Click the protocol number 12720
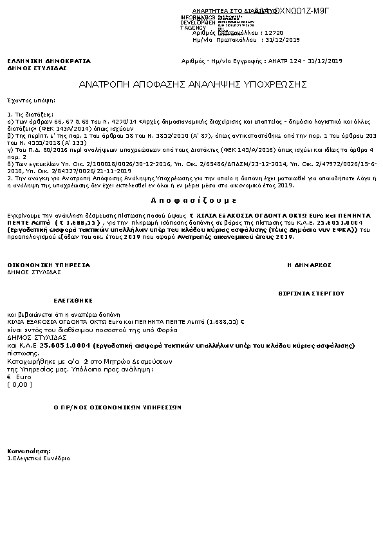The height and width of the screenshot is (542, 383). (274, 32)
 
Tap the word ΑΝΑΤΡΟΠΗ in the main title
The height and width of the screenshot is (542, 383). (104, 84)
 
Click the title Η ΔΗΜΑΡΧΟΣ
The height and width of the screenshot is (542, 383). (309, 265)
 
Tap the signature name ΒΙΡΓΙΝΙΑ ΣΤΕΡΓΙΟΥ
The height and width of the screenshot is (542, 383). (311, 292)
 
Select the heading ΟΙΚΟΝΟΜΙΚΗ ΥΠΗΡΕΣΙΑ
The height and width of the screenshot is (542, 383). (49, 265)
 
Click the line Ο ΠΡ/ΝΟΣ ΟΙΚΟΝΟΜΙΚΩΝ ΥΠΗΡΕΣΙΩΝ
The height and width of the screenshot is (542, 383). (117, 407)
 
